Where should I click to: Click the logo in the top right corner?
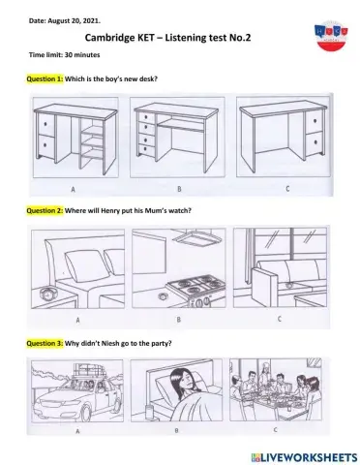click(x=331, y=36)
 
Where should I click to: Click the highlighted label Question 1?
click(x=45, y=79)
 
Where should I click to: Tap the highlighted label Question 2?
click(x=45, y=211)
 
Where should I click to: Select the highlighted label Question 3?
click(x=45, y=343)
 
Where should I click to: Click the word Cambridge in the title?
click(x=109, y=38)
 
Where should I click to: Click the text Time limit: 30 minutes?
click(x=65, y=55)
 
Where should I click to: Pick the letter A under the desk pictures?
click(x=74, y=189)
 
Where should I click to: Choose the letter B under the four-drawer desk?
click(x=179, y=189)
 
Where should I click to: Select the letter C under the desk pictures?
click(x=287, y=189)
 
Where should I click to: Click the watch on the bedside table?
click(x=48, y=294)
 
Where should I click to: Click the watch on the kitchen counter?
click(x=162, y=296)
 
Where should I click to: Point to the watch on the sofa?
click(x=289, y=285)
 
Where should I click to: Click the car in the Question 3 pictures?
click(x=76, y=398)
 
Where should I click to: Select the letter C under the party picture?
click(x=275, y=430)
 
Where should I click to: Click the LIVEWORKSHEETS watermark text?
click(x=305, y=457)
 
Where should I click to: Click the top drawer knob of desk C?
click(x=315, y=121)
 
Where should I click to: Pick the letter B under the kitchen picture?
click(x=178, y=320)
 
